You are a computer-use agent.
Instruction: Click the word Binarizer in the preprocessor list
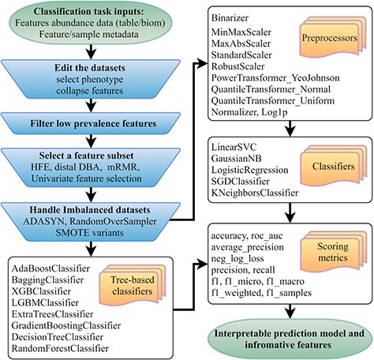230,18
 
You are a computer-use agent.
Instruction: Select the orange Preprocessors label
329,38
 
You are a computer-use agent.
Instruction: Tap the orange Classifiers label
333,166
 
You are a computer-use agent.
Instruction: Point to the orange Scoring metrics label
333,252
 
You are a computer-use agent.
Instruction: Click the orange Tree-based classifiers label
133,286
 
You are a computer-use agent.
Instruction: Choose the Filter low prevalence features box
91,123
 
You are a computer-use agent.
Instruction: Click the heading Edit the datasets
90,68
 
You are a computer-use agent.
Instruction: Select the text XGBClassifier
41,291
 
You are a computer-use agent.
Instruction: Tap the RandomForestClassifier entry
60,348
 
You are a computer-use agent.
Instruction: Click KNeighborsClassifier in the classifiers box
255,193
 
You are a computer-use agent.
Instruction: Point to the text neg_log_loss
237,259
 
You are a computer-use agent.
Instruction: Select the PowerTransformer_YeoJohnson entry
275,78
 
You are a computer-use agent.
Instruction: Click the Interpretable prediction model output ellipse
290,339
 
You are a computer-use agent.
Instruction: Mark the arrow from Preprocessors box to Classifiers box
290,129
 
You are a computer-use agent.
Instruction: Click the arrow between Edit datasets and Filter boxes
91,106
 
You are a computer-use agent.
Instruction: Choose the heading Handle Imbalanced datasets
90,210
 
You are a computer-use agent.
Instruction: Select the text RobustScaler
237,66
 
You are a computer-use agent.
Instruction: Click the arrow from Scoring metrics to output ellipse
290,312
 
